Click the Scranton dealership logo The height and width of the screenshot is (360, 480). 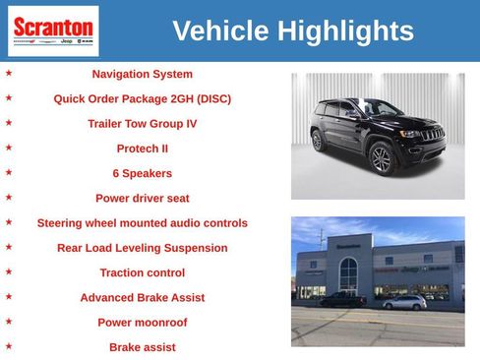[x=53, y=31]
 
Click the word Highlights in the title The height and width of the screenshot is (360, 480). [x=345, y=31]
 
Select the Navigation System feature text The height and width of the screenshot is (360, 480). [x=142, y=74]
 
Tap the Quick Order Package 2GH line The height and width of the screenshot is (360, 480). [x=142, y=98]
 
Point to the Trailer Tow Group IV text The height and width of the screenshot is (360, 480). [x=142, y=124]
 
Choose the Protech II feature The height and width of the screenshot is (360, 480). [x=142, y=149]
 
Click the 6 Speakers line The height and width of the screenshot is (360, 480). [x=142, y=173]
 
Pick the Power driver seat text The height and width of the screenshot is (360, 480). [x=142, y=198]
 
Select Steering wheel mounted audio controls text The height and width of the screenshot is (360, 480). [x=142, y=223]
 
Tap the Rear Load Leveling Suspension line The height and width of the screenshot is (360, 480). [x=142, y=248]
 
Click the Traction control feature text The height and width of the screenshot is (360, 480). [x=142, y=272]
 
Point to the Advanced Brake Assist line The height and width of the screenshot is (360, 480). [x=142, y=297]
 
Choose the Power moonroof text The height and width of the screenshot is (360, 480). [x=142, y=322]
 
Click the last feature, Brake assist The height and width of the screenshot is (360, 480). [x=142, y=347]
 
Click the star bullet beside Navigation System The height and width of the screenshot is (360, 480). [x=9, y=73]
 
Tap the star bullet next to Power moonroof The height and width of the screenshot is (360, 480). [x=9, y=322]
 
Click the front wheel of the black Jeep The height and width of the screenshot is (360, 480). [x=381, y=158]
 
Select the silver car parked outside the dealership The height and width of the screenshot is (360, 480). [x=404, y=302]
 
